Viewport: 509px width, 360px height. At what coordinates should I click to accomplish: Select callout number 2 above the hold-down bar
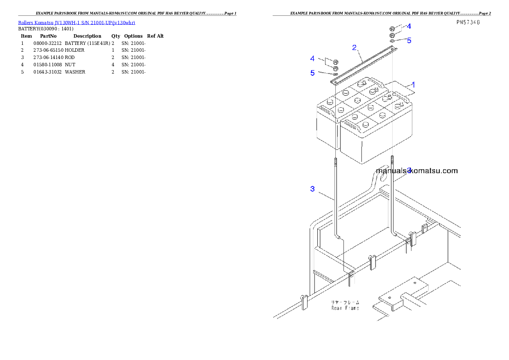click(x=355, y=47)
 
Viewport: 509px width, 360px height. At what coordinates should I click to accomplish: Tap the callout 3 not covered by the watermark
click(x=313, y=189)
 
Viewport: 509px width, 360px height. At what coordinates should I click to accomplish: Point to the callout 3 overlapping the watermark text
click(x=409, y=171)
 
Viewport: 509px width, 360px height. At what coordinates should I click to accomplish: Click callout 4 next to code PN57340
click(x=409, y=26)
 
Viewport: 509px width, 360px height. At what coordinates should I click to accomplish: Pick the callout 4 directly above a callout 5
click(x=313, y=58)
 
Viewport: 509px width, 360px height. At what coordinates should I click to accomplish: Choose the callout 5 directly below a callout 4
click(x=313, y=73)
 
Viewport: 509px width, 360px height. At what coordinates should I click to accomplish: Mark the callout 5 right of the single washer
click(x=409, y=41)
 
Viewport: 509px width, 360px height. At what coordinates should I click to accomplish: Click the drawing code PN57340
click(x=468, y=22)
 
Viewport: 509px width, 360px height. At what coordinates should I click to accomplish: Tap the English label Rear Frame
click(x=345, y=308)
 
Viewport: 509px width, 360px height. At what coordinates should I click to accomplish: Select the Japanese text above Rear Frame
click(x=346, y=302)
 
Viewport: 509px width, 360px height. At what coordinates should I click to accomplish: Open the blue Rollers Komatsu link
click(x=77, y=22)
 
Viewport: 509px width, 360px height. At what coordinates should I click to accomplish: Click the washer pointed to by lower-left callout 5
click(x=335, y=74)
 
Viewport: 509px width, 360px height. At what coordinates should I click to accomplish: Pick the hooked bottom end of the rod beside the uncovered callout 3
click(x=340, y=237)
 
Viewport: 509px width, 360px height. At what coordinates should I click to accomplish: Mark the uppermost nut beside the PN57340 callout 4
click(x=393, y=29)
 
